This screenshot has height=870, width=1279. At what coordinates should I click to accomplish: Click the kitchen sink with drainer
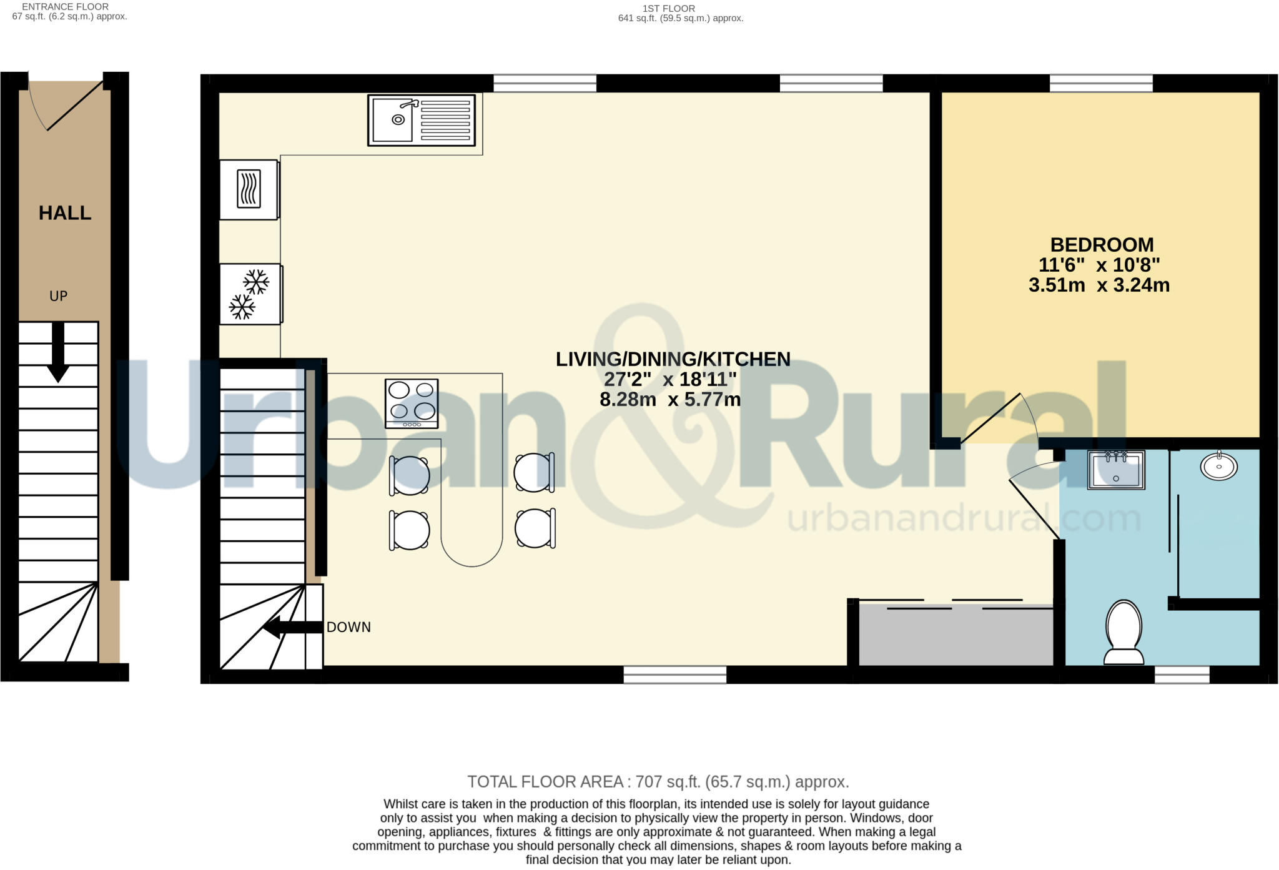pyautogui.click(x=421, y=120)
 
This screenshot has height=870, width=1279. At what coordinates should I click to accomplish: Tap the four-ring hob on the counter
pyautogui.click(x=412, y=403)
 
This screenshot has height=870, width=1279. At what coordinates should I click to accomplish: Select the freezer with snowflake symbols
pyautogui.click(x=250, y=294)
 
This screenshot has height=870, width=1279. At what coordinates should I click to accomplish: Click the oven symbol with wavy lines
pyautogui.click(x=249, y=189)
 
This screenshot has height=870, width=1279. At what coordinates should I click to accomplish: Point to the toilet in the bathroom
pyautogui.click(x=1123, y=632)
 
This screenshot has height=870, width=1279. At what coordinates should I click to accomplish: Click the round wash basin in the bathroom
pyautogui.click(x=1218, y=466)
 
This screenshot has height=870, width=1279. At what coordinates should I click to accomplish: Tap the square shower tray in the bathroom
pyautogui.click(x=1115, y=470)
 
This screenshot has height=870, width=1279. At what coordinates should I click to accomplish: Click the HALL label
pyautogui.click(x=65, y=213)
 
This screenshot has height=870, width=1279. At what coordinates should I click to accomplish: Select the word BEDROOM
pyautogui.click(x=1102, y=244)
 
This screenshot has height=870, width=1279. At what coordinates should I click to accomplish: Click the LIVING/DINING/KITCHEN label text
pyautogui.click(x=673, y=359)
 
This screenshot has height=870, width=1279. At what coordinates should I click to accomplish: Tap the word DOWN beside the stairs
pyautogui.click(x=348, y=627)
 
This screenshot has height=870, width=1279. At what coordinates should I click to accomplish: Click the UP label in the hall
pyautogui.click(x=58, y=296)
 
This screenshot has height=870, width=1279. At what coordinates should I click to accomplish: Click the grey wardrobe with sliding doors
pyautogui.click(x=955, y=634)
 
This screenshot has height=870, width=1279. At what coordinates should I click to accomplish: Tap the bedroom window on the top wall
pyautogui.click(x=1100, y=83)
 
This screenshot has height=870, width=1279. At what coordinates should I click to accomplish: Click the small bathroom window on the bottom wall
pyautogui.click(x=1182, y=675)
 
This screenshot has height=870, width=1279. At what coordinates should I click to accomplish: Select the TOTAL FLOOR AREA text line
pyautogui.click(x=658, y=782)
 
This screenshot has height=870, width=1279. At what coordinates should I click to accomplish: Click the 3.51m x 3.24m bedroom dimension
pyautogui.click(x=1099, y=285)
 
